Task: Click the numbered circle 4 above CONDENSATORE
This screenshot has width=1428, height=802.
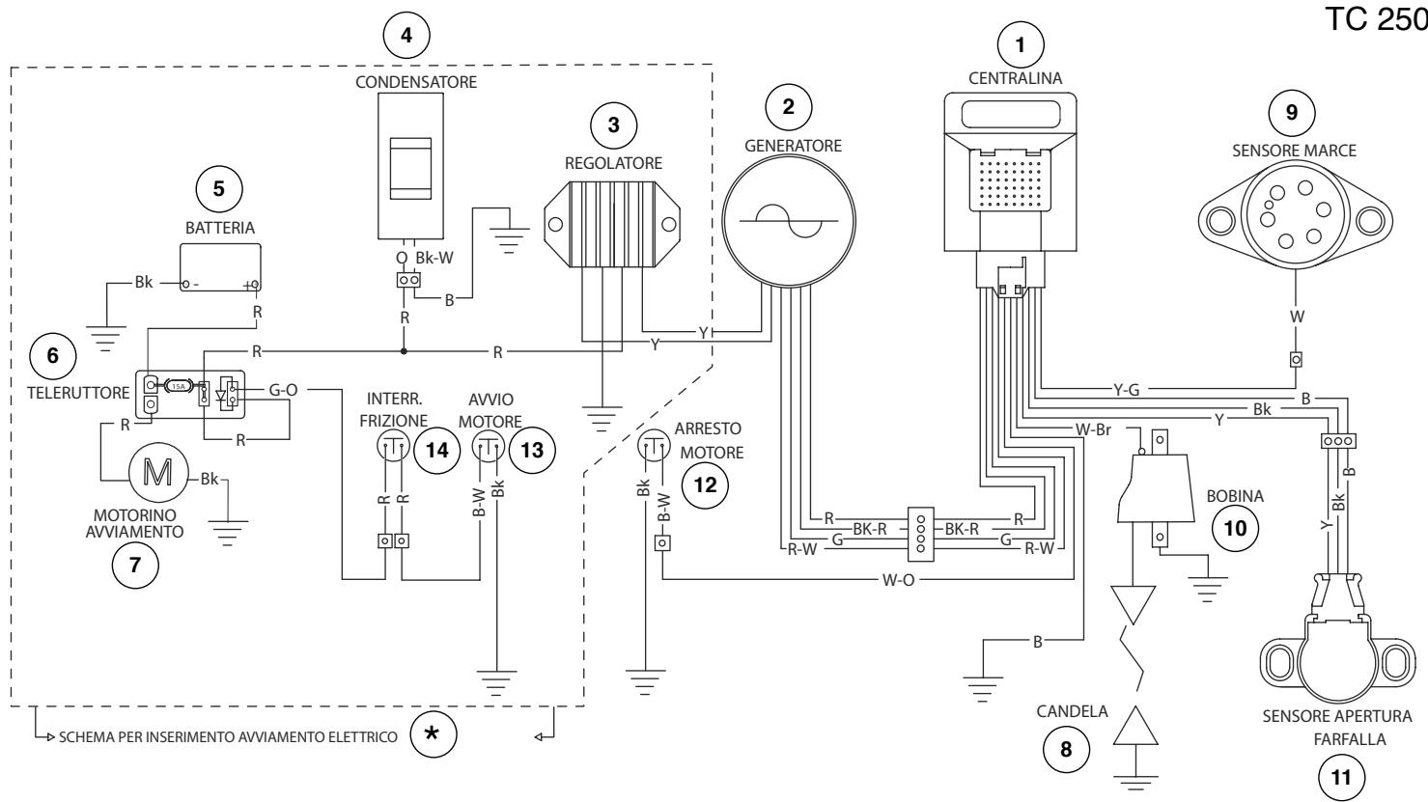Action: (x=406, y=35)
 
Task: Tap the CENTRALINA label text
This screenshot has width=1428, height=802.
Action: (x=1015, y=78)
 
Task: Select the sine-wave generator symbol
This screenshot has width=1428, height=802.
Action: (x=789, y=221)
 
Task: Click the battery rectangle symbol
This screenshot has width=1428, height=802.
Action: (x=220, y=267)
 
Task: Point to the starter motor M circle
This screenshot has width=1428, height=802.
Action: (x=158, y=472)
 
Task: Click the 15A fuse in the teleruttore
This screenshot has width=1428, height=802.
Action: (x=179, y=386)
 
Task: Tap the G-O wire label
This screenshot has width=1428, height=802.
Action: (x=283, y=390)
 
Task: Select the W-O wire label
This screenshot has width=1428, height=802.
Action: (x=898, y=580)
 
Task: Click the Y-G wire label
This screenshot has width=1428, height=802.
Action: (x=1127, y=390)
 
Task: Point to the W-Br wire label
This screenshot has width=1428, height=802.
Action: (x=1093, y=430)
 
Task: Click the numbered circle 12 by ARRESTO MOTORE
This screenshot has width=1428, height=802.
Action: (x=705, y=485)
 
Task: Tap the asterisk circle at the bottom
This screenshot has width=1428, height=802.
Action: (x=433, y=733)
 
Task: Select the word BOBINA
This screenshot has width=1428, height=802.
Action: (x=1235, y=496)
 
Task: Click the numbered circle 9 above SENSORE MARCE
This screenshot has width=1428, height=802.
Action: (x=1292, y=113)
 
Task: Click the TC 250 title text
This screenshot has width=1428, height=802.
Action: (x=1377, y=19)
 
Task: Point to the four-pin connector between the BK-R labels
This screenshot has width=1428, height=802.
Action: (x=920, y=534)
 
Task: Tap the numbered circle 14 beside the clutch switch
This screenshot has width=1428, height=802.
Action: (x=436, y=451)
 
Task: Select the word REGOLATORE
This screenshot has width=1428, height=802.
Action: (x=613, y=163)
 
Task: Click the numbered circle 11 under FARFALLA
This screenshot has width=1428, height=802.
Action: (x=1341, y=778)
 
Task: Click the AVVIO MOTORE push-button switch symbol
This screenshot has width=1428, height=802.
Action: (x=489, y=445)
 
